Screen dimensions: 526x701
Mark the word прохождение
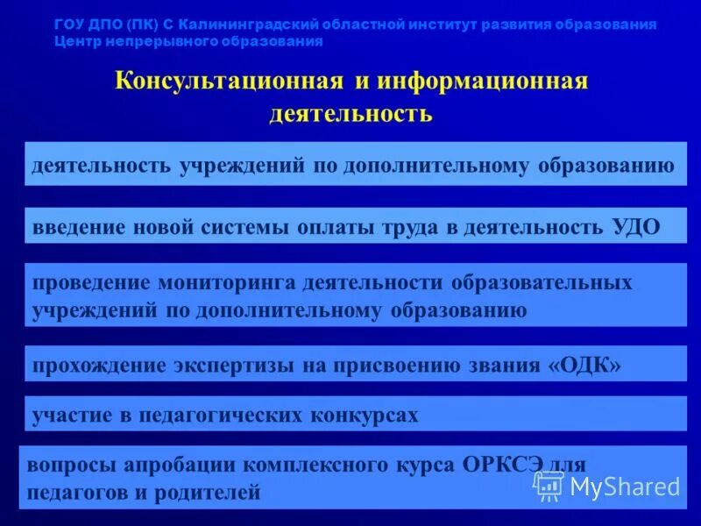tap(96, 365)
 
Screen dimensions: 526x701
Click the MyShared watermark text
tap(625, 487)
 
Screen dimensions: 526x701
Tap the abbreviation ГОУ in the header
tap(69, 25)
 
